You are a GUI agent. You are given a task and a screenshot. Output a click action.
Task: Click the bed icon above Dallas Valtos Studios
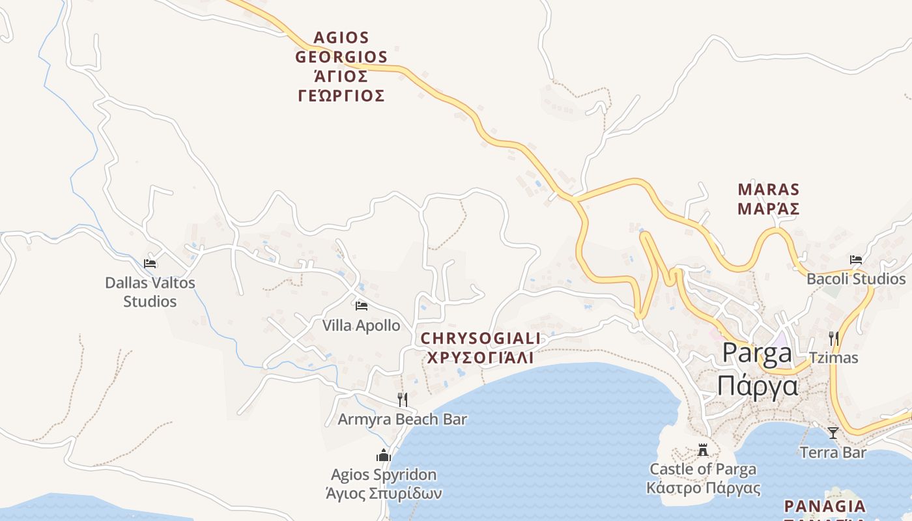[150, 264]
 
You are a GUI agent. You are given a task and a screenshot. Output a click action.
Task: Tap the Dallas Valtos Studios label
[150, 292]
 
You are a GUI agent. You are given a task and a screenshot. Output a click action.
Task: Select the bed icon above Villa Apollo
[362, 305]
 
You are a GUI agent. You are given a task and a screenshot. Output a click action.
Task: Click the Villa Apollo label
[362, 325]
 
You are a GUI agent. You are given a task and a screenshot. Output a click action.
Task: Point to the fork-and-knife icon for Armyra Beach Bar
[403, 399]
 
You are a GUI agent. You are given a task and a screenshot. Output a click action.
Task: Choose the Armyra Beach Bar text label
[402, 419]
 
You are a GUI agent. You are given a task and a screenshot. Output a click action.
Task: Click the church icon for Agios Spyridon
[384, 455]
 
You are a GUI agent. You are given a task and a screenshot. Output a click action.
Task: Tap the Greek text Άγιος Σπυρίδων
[384, 493]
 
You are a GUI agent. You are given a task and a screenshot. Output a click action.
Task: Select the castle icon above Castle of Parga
[703, 450]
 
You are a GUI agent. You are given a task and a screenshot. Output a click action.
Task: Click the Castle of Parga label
[704, 469]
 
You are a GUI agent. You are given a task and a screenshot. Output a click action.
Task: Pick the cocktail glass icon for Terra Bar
[833, 432]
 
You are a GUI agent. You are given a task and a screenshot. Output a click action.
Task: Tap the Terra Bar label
[833, 452]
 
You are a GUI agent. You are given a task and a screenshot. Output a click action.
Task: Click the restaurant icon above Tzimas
[833, 338]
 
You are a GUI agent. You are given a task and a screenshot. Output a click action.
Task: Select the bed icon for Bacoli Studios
[856, 260]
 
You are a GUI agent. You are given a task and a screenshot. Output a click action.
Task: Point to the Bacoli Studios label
[856, 279]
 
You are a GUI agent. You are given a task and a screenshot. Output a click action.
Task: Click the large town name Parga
[758, 353]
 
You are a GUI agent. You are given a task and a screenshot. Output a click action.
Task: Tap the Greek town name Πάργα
[758, 386]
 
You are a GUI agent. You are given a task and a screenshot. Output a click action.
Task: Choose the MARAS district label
[769, 190]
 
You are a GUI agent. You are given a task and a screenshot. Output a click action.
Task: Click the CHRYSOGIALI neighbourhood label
[481, 339]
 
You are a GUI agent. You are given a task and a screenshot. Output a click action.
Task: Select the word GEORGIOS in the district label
[341, 57]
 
